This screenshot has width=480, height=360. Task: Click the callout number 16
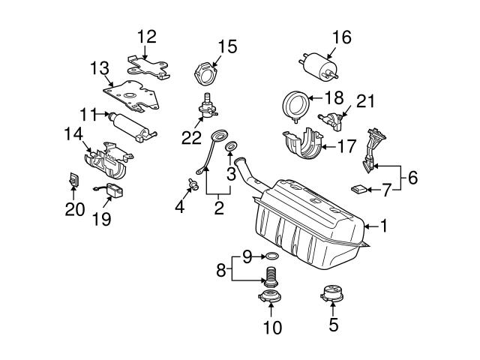tap(340, 36)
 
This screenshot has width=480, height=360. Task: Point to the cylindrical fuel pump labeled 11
tap(132, 125)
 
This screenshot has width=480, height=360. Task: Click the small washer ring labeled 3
tap(232, 145)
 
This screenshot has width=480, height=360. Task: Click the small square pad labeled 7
tap(361, 187)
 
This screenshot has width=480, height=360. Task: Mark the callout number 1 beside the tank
tap(385, 225)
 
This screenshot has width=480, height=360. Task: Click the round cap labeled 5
tap(333, 294)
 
